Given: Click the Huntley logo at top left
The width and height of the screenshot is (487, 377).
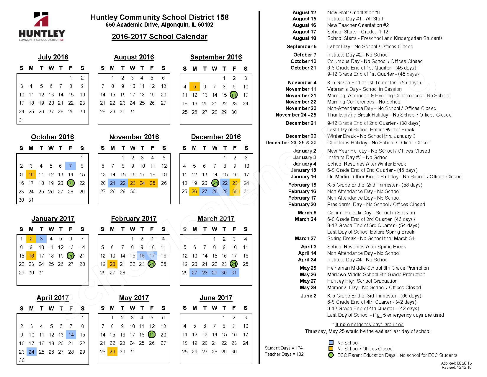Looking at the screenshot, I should (42, 27).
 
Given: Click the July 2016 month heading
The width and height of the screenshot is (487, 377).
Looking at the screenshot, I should (53, 57).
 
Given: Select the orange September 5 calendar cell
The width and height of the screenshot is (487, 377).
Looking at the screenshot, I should (195, 87).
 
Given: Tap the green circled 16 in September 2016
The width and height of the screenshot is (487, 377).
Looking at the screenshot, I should (234, 95).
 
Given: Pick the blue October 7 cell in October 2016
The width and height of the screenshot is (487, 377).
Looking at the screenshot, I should (71, 166).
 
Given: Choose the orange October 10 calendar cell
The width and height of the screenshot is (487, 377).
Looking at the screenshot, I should (31, 174).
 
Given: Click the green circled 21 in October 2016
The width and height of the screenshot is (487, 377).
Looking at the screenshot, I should (71, 183).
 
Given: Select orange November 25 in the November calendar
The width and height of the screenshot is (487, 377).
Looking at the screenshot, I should (153, 183).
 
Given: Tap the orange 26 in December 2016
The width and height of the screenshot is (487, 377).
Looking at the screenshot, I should (194, 191).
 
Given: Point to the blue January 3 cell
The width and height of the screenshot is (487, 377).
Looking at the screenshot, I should (41, 239).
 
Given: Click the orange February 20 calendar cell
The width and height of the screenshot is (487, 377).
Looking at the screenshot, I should (112, 264).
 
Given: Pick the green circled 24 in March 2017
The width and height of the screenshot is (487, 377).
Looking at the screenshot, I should (234, 264).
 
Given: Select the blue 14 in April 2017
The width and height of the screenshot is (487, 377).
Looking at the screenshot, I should (71, 335).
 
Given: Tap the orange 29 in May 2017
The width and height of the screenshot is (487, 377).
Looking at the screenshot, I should (112, 352).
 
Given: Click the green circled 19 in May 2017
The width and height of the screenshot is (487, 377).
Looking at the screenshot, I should (152, 335).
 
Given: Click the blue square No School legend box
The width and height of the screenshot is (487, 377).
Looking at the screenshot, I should (331, 343).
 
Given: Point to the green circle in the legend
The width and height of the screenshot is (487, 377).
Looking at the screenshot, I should (331, 355).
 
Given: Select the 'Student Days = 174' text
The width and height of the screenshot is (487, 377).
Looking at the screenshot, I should (283, 348).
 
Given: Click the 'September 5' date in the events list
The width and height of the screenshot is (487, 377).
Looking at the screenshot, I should (301, 46).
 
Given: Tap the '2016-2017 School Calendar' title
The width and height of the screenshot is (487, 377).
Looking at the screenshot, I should (159, 37).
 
